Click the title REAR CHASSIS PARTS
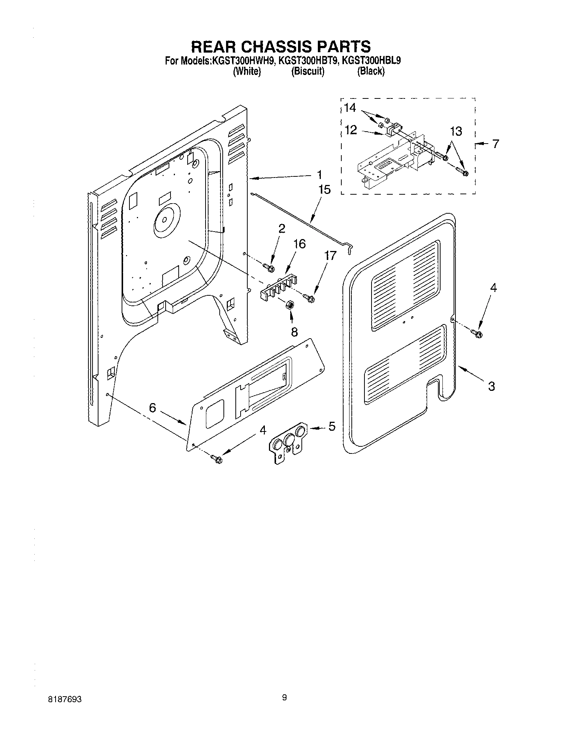[x=281, y=47]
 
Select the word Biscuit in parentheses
[x=308, y=72]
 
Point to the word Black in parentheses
[x=370, y=72]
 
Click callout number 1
[x=320, y=175]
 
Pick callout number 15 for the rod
[x=325, y=190]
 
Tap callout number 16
[x=300, y=244]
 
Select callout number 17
[x=330, y=255]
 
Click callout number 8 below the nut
[x=294, y=332]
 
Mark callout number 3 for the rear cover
[x=491, y=386]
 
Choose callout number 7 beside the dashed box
[x=495, y=144]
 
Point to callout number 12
[x=351, y=130]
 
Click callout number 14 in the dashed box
[x=350, y=108]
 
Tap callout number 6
[x=152, y=408]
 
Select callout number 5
[x=332, y=426]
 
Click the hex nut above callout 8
[x=288, y=305]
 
